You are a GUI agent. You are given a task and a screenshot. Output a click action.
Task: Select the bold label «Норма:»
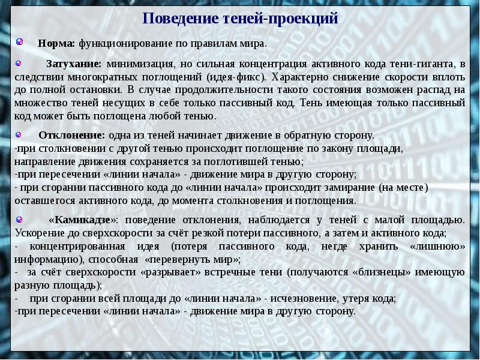tap(56, 44)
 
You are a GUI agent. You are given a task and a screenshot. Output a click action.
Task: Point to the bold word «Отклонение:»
tap(71, 136)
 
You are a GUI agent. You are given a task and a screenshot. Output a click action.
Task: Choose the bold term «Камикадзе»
tap(84, 220)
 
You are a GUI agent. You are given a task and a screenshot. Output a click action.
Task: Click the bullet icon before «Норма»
tap(20, 43)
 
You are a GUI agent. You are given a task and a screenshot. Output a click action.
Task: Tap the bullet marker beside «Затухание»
tap(20, 63)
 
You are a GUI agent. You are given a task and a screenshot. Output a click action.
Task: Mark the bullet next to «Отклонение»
tap(20, 134)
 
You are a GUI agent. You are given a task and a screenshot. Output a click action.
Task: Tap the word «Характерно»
tap(300, 77)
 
